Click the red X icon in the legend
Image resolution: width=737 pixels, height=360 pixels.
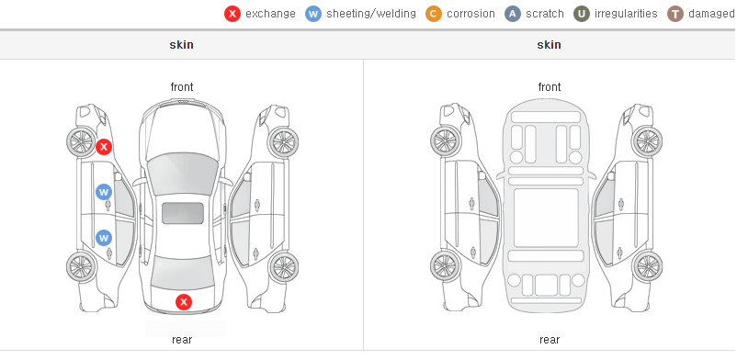pyautogui.click(x=232, y=14)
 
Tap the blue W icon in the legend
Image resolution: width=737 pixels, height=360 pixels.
pyautogui.click(x=313, y=14)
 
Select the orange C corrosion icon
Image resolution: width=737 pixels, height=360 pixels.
pyautogui.click(x=434, y=14)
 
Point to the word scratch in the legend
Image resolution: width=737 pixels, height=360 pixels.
pyautogui.click(x=545, y=14)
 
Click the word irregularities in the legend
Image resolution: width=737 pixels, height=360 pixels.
pyautogui.click(x=626, y=14)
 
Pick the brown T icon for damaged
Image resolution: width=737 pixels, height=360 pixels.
pyautogui.click(x=675, y=14)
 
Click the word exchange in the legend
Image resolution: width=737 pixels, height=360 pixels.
pyautogui.click(x=270, y=14)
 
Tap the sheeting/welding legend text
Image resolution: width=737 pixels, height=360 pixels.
pyautogui.click(x=371, y=14)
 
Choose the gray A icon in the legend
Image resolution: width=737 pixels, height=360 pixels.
pyautogui.click(x=513, y=14)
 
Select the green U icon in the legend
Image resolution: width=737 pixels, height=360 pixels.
pyautogui.click(x=582, y=14)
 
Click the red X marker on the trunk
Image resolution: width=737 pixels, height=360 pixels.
pyautogui.click(x=184, y=302)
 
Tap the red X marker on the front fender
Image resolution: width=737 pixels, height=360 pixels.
pyautogui.click(x=104, y=147)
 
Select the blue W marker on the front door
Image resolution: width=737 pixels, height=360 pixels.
pyautogui.click(x=104, y=192)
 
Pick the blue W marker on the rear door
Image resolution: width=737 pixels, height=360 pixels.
pyautogui.click(x=104, y=237)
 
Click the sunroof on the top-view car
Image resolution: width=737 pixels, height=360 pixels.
pyautogui.click(x=183, y=213)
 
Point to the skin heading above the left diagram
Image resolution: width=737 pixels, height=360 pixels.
pyautogui.click(x=181, y=45)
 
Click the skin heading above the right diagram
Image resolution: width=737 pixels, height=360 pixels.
pyautogui.click(x=549, y=45)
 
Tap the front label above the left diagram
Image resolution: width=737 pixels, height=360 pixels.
pyautogui.click(x=182, y=87)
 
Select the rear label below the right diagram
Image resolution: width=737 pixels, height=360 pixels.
pyautogui.click(x=550, y=340)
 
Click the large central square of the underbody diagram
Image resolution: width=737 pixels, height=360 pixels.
pyautogui.click(x=546, y=218)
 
